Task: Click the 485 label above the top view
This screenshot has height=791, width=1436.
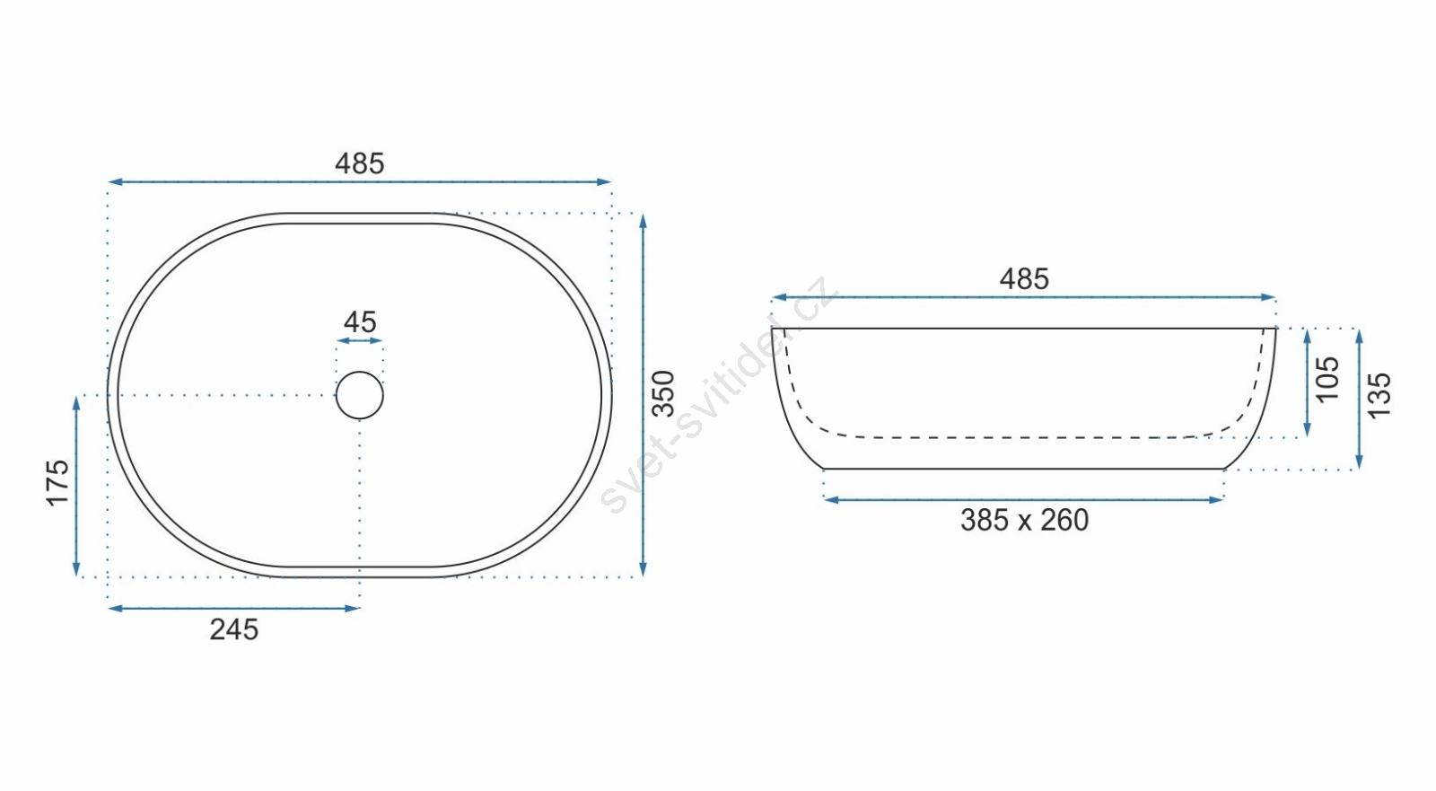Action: pos(360,163)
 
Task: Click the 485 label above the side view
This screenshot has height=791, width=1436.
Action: pos(1024,279)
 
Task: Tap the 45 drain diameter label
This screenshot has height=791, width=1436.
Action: pos(360,322)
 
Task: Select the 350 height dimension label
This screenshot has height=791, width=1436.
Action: pos(663,394)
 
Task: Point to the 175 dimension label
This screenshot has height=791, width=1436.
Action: pos(57,482)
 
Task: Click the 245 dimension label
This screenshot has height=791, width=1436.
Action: pos(234,630)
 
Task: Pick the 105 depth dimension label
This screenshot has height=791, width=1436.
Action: pos(1327,379)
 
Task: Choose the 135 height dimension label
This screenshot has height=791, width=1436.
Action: pos(1379,396)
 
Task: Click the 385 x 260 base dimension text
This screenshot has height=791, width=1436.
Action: pos(1024,520)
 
